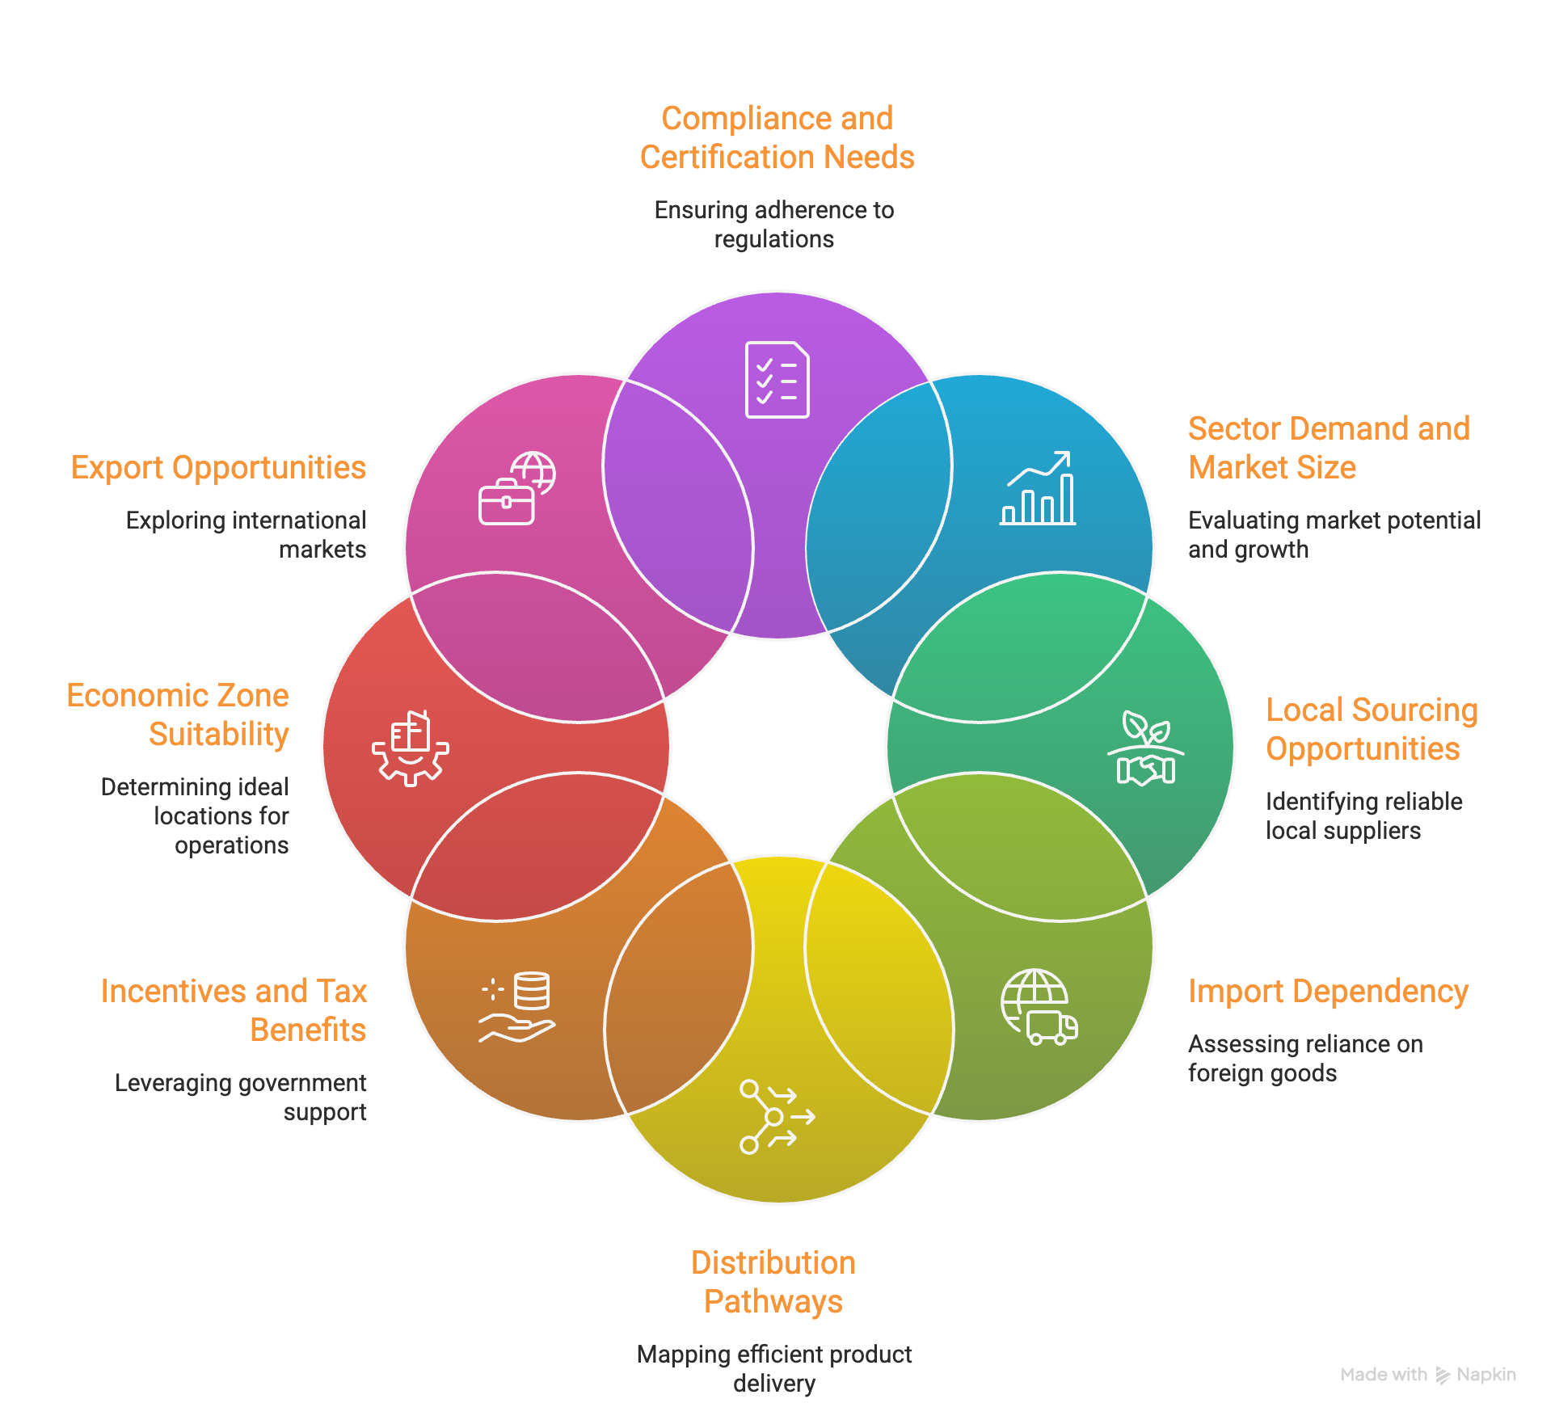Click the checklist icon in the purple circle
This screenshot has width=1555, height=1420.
(777, 380)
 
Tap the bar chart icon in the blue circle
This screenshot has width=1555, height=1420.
(1038, 488)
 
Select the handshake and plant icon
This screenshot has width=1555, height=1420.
(1146, 748)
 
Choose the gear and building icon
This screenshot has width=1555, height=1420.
(411, 748)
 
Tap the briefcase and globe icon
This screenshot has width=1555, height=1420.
(516, 488)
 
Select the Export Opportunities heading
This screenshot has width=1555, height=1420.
(218, 468)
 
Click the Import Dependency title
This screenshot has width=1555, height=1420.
(1328, 992)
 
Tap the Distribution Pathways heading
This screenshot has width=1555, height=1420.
(773, 1282)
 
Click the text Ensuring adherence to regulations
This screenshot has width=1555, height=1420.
(773, 225)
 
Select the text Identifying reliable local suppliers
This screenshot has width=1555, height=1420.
(1363, 815)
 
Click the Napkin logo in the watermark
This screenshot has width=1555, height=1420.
(1443, 1375)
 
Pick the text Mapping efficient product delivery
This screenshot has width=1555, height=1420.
(773, 1368)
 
